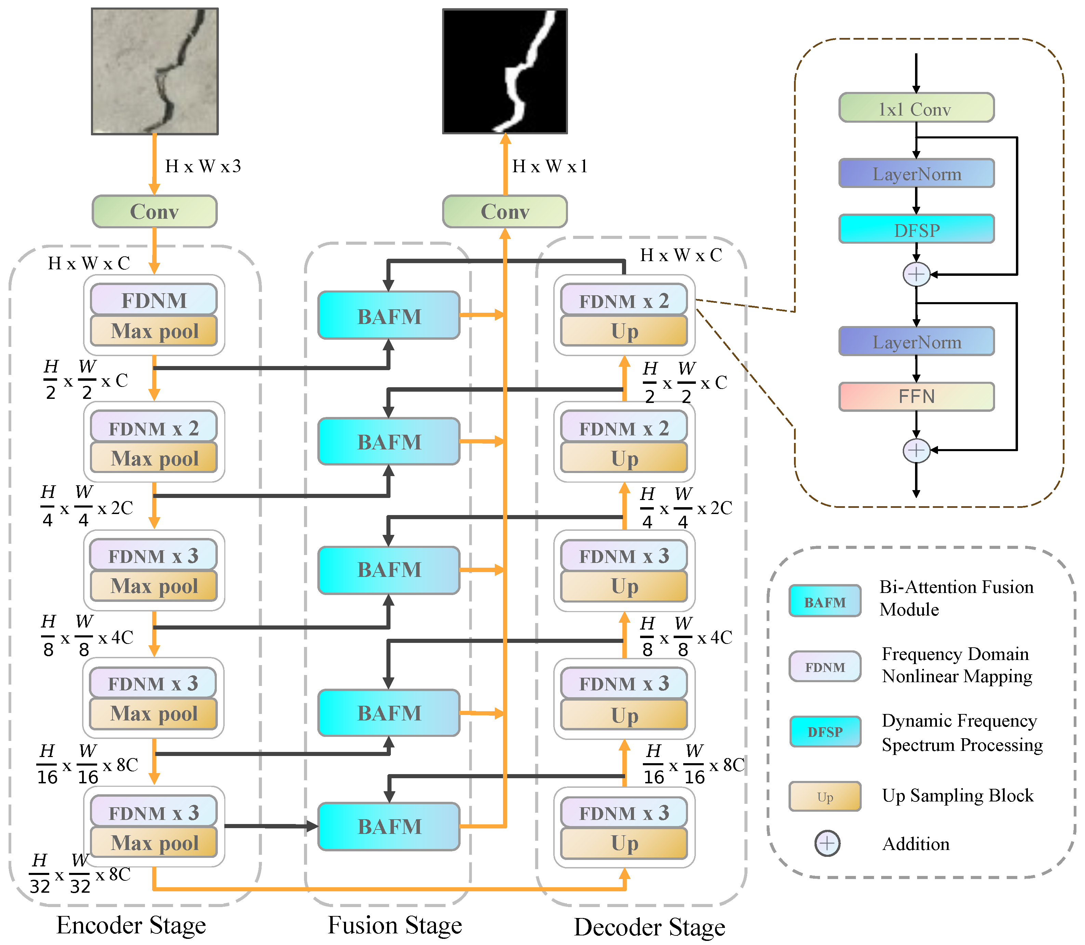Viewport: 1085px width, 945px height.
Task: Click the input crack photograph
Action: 155,71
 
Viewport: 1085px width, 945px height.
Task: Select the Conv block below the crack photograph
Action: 155,212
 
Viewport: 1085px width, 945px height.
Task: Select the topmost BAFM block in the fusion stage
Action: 389,315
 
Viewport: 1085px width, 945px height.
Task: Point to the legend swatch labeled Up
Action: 825,796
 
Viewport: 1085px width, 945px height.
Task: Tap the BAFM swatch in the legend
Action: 825,601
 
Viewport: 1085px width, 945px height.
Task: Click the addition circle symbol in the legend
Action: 827,843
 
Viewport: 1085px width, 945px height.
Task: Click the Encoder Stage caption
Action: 131,925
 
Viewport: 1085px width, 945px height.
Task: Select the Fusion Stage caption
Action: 395,925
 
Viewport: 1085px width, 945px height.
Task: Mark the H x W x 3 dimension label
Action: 203,166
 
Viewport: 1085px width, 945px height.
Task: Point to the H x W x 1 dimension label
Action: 550,166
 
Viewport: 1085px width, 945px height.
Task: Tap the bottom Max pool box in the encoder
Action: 154,842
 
